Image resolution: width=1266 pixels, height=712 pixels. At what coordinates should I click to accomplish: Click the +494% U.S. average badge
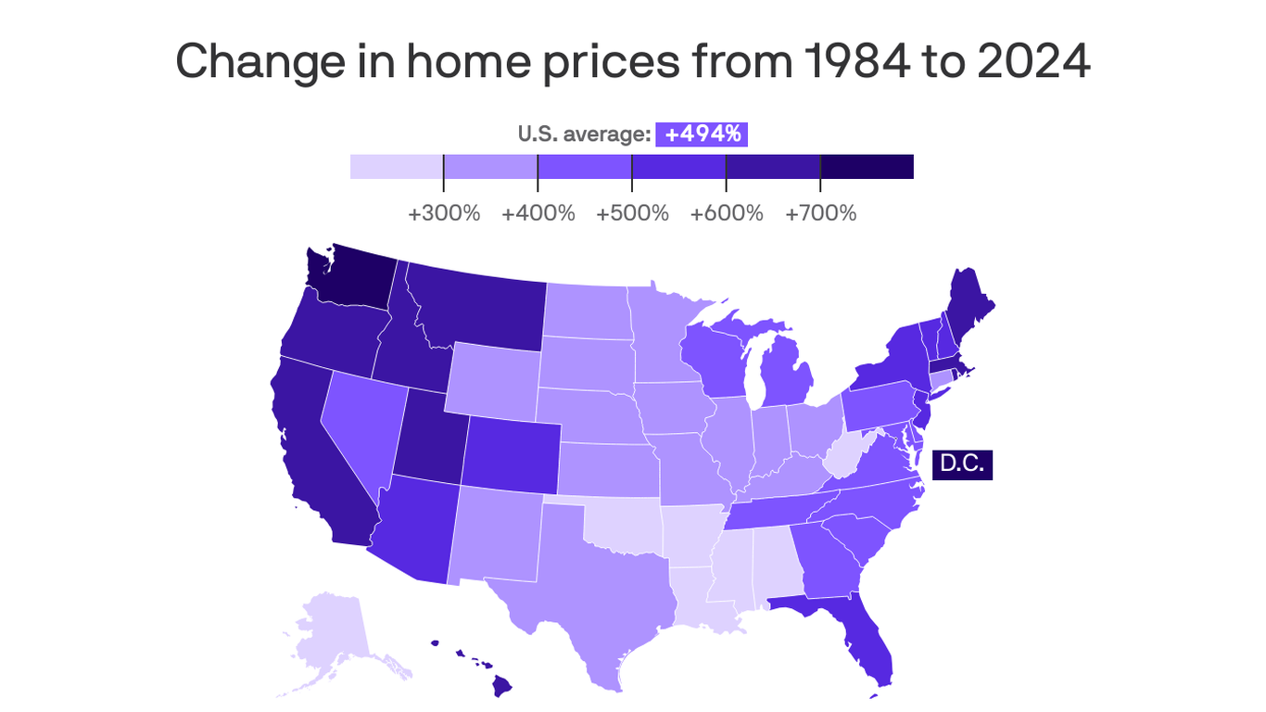pyautogui.click(x=702, y=134)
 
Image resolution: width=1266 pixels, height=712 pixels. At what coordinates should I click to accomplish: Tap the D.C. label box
pyautogui.click(x=962, y=464)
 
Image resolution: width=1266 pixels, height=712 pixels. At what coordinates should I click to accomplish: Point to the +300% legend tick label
pyautogui.click(x=444, y=213)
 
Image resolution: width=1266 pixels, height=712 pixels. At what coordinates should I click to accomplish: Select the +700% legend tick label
pyautogui.click(x=820, y=213)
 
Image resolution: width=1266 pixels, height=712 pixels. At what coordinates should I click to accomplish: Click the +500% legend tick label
pyautogui.click(x=632, y=213)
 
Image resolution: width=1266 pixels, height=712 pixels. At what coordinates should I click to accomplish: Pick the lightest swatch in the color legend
pyautogui.click(x=397, y=167)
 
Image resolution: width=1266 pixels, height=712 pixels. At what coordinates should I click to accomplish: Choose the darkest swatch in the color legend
pyautogui.click(x=867, y=167)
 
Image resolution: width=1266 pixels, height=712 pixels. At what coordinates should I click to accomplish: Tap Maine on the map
pyautogui.click(x=969, y=306)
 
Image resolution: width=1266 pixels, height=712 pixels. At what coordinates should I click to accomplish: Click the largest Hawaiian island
pyautogui.click(x=501, y=686)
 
